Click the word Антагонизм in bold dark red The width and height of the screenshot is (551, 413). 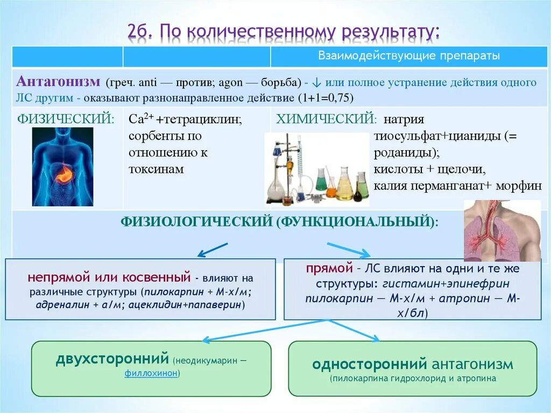58,82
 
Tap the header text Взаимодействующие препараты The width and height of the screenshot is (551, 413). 409,56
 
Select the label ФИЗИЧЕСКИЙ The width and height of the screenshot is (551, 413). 66,119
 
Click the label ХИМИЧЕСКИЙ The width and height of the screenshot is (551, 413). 326,119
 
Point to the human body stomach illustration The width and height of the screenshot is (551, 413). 62,166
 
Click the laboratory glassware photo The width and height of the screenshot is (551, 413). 317,169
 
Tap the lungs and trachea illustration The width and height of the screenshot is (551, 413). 501,230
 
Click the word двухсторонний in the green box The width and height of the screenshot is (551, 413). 112,359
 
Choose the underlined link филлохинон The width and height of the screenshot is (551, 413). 151,373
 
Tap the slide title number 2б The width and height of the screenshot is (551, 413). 141,31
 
